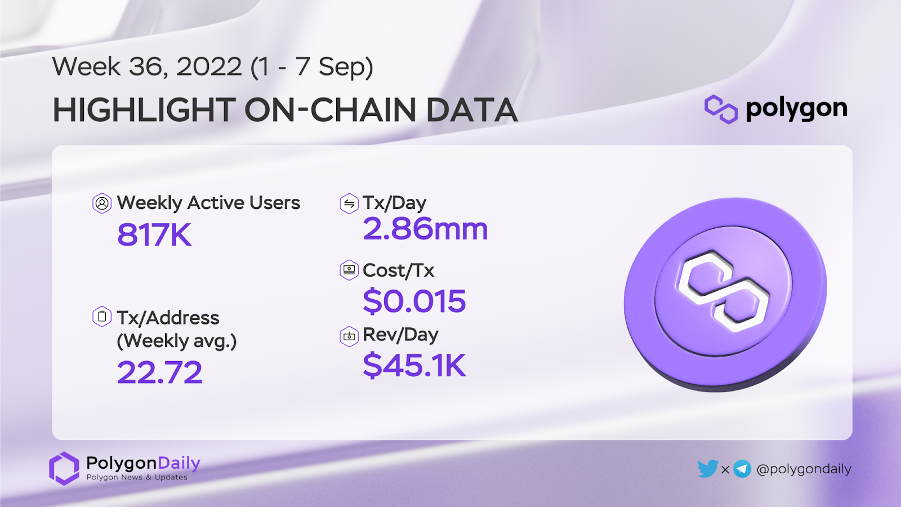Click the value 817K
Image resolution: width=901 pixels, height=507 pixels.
click(154, 234)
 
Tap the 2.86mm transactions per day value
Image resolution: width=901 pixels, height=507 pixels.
click(425, 229)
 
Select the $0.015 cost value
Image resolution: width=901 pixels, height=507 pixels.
click(414, 301)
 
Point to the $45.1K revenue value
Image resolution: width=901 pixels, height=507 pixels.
click(414, 364)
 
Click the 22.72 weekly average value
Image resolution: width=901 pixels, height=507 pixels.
click(160, 372)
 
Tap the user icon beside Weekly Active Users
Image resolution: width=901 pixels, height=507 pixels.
click(102, 203)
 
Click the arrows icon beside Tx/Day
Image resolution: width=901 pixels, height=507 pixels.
click(349, 203)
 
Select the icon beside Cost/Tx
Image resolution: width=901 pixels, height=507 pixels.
click(349, 270)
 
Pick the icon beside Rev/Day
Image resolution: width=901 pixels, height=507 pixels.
click(349, 336)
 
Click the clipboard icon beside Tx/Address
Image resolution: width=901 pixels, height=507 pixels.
click(102, 316)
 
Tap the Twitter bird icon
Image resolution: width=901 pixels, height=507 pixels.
click(708, 468)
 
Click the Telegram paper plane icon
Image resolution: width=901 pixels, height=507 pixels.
click(742, 469)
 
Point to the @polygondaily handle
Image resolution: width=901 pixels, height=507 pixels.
click(804, 469)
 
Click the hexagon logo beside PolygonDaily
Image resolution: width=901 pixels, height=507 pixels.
click(64, 468)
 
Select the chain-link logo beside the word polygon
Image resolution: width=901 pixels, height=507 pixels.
click(721, 109)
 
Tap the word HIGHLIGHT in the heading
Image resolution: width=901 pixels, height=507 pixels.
click(144, 110)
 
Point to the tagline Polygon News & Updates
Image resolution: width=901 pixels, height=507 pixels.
click(137, 477)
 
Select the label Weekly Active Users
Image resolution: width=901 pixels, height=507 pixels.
click(208, 202)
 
